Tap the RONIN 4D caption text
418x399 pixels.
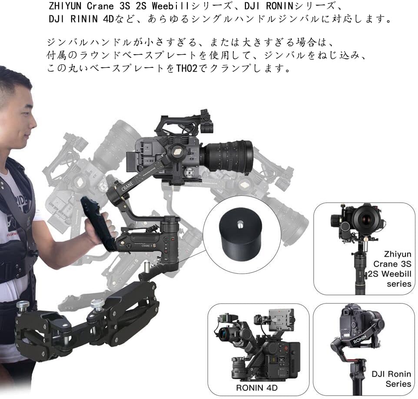pyautogui.click(x=257, y=388)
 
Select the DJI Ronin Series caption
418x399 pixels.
pyautogui.click(x=391, y=379)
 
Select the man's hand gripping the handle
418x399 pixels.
pyautogui.click(x=100, y=229)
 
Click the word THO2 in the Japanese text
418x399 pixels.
pyautogui.click(x=186, y=69)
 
